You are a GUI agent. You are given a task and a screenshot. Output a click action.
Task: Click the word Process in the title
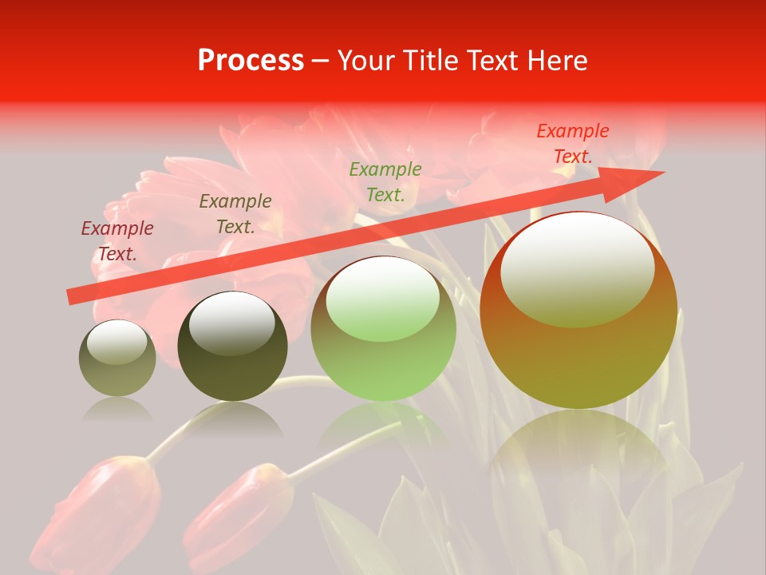point(251,61)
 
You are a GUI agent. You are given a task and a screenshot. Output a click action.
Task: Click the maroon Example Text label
point(117,240)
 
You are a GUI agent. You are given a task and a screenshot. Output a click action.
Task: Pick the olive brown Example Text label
point(235,213)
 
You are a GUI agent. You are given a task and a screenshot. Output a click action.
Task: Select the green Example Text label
point(385,181)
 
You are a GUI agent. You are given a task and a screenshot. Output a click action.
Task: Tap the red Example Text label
point(573,144)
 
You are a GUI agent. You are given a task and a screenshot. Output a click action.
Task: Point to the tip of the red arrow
point(662,172)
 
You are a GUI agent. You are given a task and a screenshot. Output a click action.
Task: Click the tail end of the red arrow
point(70,297)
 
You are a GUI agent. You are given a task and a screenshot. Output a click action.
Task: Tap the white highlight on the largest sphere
point(577,268)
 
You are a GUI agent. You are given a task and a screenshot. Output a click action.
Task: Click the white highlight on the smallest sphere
point(116,342)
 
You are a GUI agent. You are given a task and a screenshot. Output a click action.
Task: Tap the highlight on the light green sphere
point(382,299)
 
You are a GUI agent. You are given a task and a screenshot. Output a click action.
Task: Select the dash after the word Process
point(320,61)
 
